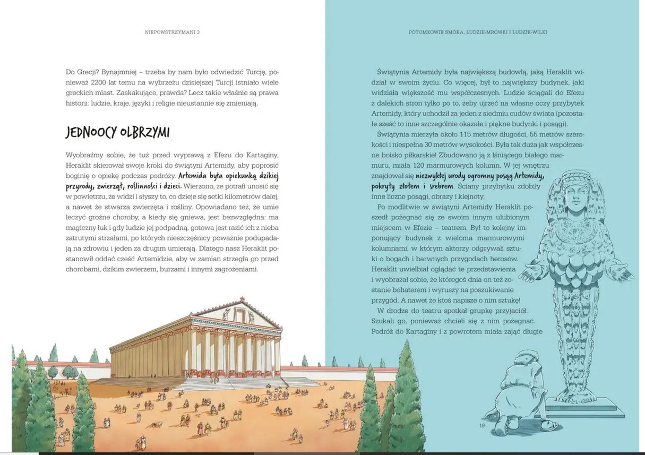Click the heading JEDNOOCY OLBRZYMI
click(x=117, y=132)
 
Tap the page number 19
click(x=482, y=425)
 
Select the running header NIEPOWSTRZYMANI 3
click(x=172, y=32)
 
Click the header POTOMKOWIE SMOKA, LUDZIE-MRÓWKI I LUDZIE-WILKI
click(x=478, y=32)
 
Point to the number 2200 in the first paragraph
click(x=100, y=82)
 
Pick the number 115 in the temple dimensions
click(x=466, y=134)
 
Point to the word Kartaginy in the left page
click(x=261, y=154)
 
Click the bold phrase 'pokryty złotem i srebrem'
click(x=412, y=186)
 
